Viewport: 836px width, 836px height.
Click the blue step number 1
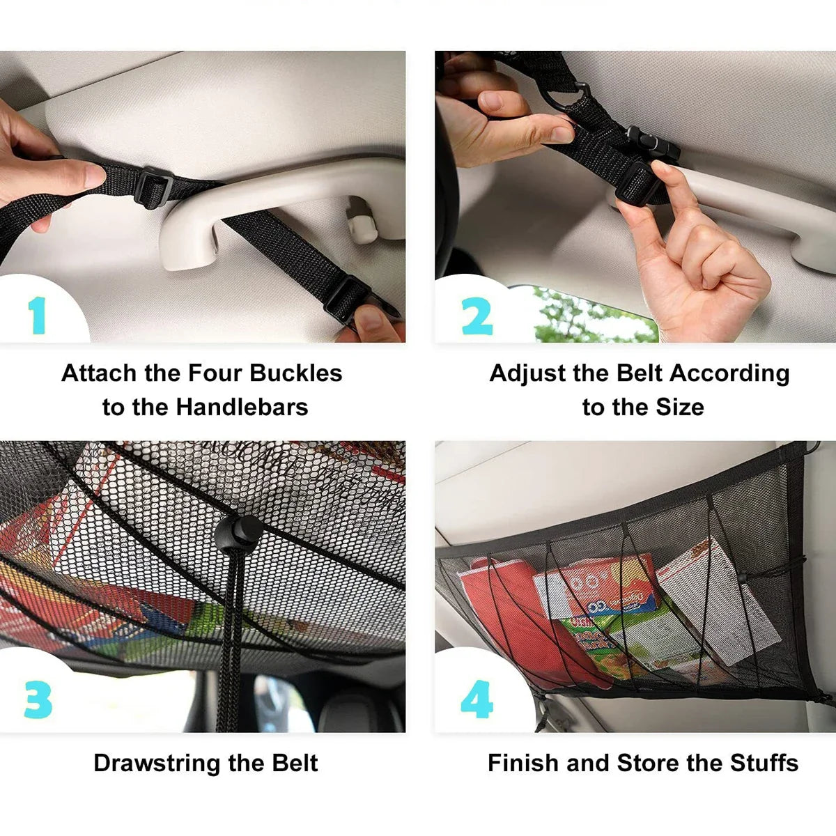pyautogui.click(x=38, y=316)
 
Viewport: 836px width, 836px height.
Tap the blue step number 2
pyautogui.click(x=477, y=316)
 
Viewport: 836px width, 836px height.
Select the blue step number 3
pyautogui.click(x=38, y=699)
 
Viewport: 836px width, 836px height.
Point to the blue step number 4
pyautogui.click(x=477, y=699)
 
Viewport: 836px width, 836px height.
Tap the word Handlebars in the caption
pyautogui.click(x=242, y=407)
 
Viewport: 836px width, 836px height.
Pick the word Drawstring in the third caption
pyautogui.click(x=157, y=763)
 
